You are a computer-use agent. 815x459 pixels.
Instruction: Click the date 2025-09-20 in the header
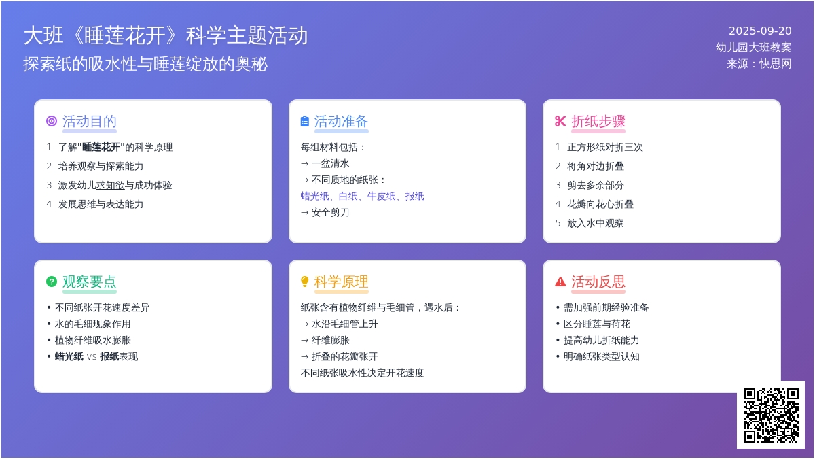tap(760, 31)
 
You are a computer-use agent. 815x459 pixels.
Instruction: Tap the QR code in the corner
tap(771, 415)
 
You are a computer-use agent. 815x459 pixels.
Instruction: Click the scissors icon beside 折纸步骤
tap(560, 121)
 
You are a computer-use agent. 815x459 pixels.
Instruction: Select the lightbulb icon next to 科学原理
tap(305, 282)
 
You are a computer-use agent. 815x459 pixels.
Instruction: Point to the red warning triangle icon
tap(560, 282)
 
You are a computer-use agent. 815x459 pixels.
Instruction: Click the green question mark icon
tap(52, 282)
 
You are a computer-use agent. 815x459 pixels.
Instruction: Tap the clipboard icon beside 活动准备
tap(305, 121)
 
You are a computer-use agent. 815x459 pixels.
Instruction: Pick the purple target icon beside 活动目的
tap(52, 121)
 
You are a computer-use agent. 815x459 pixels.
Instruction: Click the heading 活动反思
tap(598, 282)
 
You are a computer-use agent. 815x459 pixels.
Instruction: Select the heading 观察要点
tap(90, 282)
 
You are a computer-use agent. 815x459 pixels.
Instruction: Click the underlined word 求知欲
tap(110, 186)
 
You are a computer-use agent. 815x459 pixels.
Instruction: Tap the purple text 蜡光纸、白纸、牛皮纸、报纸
tap(363, 197)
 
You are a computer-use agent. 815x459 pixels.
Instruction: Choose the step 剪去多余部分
tap(596, 186)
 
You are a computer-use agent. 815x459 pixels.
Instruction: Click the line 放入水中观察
tap(596, 223)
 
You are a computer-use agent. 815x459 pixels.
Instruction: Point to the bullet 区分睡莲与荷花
tap(597, 324)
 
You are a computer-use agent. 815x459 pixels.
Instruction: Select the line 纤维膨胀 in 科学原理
tap(330, 341)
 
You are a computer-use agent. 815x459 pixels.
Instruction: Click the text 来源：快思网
tap(759, 64)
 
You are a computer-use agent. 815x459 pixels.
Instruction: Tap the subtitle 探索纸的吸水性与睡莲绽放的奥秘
tap(145, 64)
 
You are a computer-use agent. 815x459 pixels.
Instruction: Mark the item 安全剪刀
tap(330, 213)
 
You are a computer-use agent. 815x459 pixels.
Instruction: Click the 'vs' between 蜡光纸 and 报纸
tap(92, 357)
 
